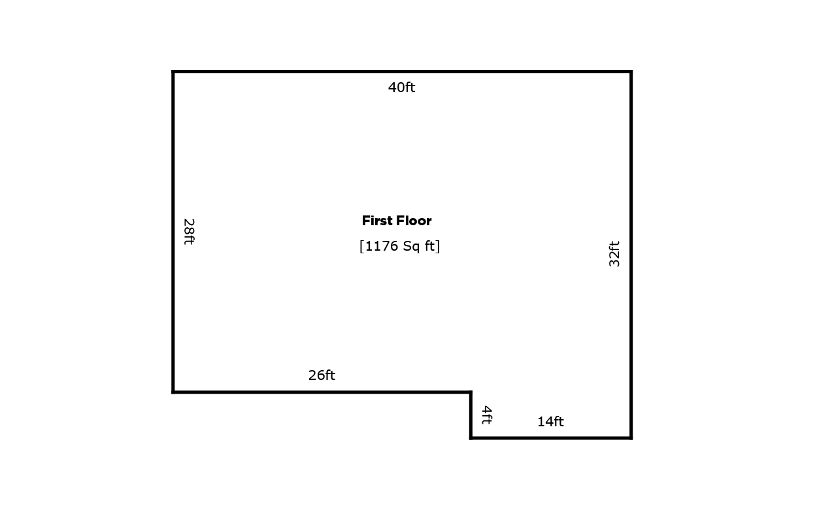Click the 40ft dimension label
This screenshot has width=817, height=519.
[x=401, y=87]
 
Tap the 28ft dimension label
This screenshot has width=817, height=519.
[x=189, y=232]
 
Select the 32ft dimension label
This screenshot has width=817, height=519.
[x=614, y=254]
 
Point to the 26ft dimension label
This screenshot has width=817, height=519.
[x=322, y=375]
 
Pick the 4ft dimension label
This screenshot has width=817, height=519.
[x=487, y=415]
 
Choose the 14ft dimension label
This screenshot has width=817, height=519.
[x=550, y=422]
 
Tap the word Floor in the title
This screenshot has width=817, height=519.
[x=414, y=221]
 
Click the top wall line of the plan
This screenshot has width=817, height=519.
[x=402, y=72]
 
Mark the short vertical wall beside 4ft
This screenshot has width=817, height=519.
[x=471, y=415]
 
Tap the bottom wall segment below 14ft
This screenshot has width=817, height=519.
[x=551, y=438]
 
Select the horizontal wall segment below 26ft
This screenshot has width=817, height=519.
[x=322, y=392]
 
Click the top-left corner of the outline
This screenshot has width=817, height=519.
[x=173, y=72]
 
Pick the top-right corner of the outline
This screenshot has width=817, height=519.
[x=631, y=72]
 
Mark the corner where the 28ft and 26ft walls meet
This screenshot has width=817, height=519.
[x=173, y=392]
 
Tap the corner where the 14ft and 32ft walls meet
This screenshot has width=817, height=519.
[x=631, y=438]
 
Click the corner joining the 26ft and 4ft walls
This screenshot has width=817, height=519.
[x=471, y=392]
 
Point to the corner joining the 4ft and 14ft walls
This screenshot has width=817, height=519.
[x=471, y=438]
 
